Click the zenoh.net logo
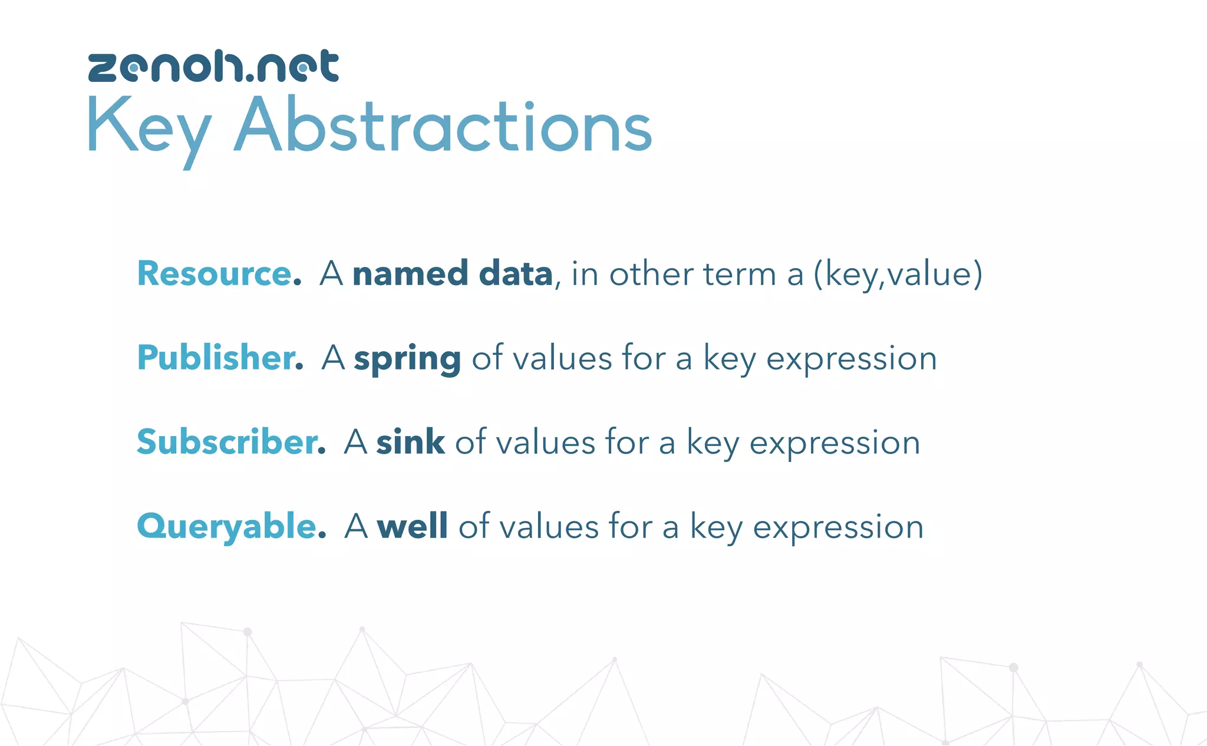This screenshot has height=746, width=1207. (x=213, y=66)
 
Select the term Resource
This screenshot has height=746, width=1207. (x=215, y=274)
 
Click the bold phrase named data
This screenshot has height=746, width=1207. (x=453, y=274)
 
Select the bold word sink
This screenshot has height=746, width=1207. (x=410, y=443)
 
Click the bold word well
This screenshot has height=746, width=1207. (x=412, y=526)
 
